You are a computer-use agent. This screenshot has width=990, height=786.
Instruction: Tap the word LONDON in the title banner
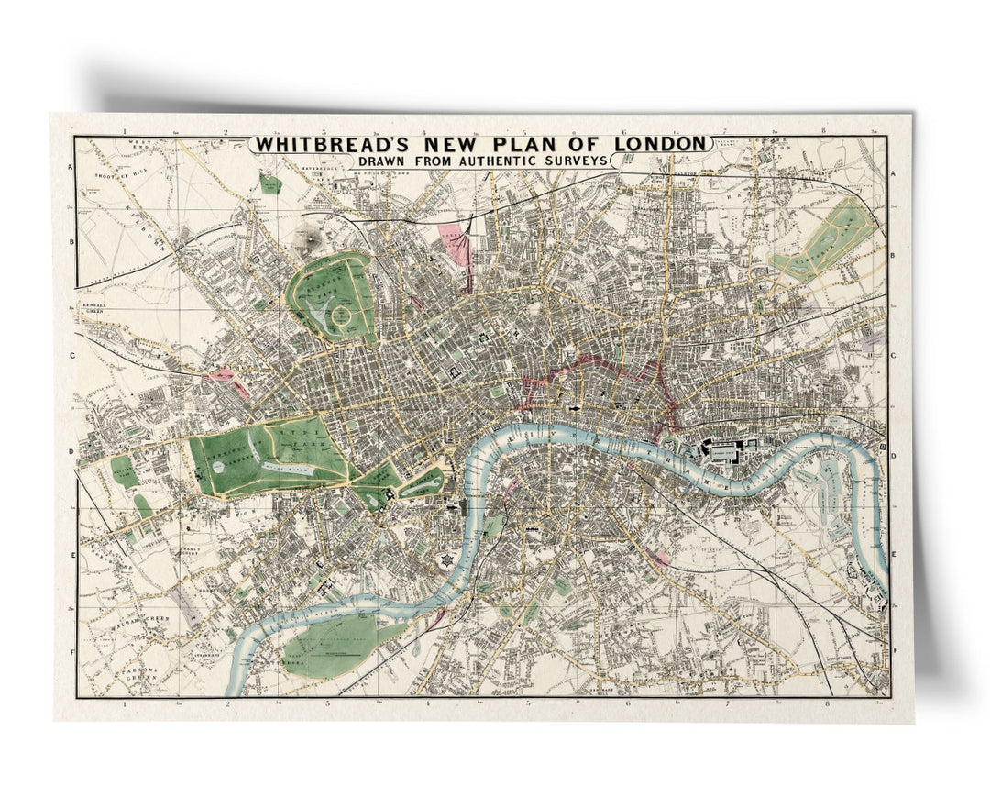click(x=659, y=144)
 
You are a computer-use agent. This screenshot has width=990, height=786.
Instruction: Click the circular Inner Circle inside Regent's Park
click(x=343, y=317)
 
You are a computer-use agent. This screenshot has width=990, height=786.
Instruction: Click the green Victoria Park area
click(x=825, y=234)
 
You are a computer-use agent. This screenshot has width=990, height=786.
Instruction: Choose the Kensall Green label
click(x=94, y=309)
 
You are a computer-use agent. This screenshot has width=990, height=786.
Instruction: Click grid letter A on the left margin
click(x=70, y=168)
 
